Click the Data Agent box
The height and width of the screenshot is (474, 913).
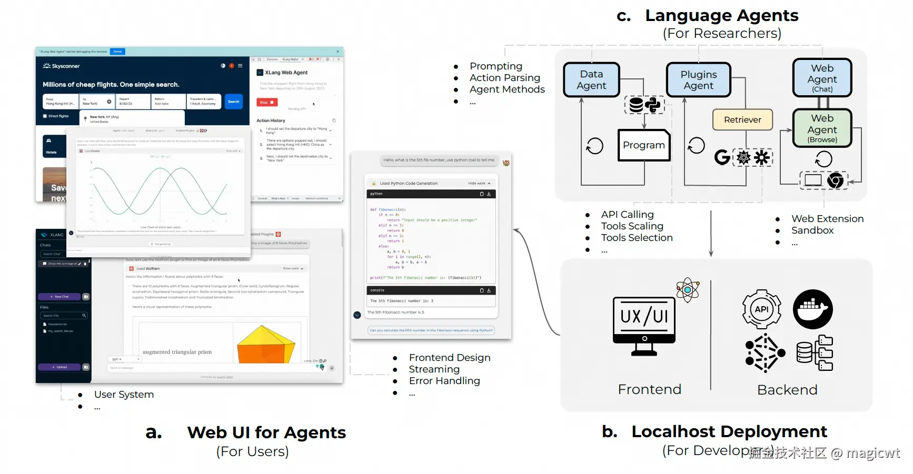[591, 80]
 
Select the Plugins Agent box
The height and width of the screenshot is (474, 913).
[698, 80]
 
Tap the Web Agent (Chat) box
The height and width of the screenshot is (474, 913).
[822, 78]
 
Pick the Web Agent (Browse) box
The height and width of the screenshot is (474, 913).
[822, 128]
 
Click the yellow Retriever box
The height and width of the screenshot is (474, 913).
[742, 120]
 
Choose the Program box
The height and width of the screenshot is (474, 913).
[643, 145]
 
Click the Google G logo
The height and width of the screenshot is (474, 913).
[722, 157]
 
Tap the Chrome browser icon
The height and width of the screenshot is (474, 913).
[835, 181]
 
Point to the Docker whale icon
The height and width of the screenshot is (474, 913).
[812, 309]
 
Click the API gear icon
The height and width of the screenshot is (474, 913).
[761, 309]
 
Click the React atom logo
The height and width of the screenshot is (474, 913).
[688, 290]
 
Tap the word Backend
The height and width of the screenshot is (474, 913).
[787, 390]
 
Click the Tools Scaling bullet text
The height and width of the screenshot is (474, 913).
[632, 226]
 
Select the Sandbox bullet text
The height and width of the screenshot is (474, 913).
[812, 230]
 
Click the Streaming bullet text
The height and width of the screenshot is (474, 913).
[434, 369]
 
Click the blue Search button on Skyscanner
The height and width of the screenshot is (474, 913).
[234, 102]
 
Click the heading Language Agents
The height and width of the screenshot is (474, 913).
[721, 16]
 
